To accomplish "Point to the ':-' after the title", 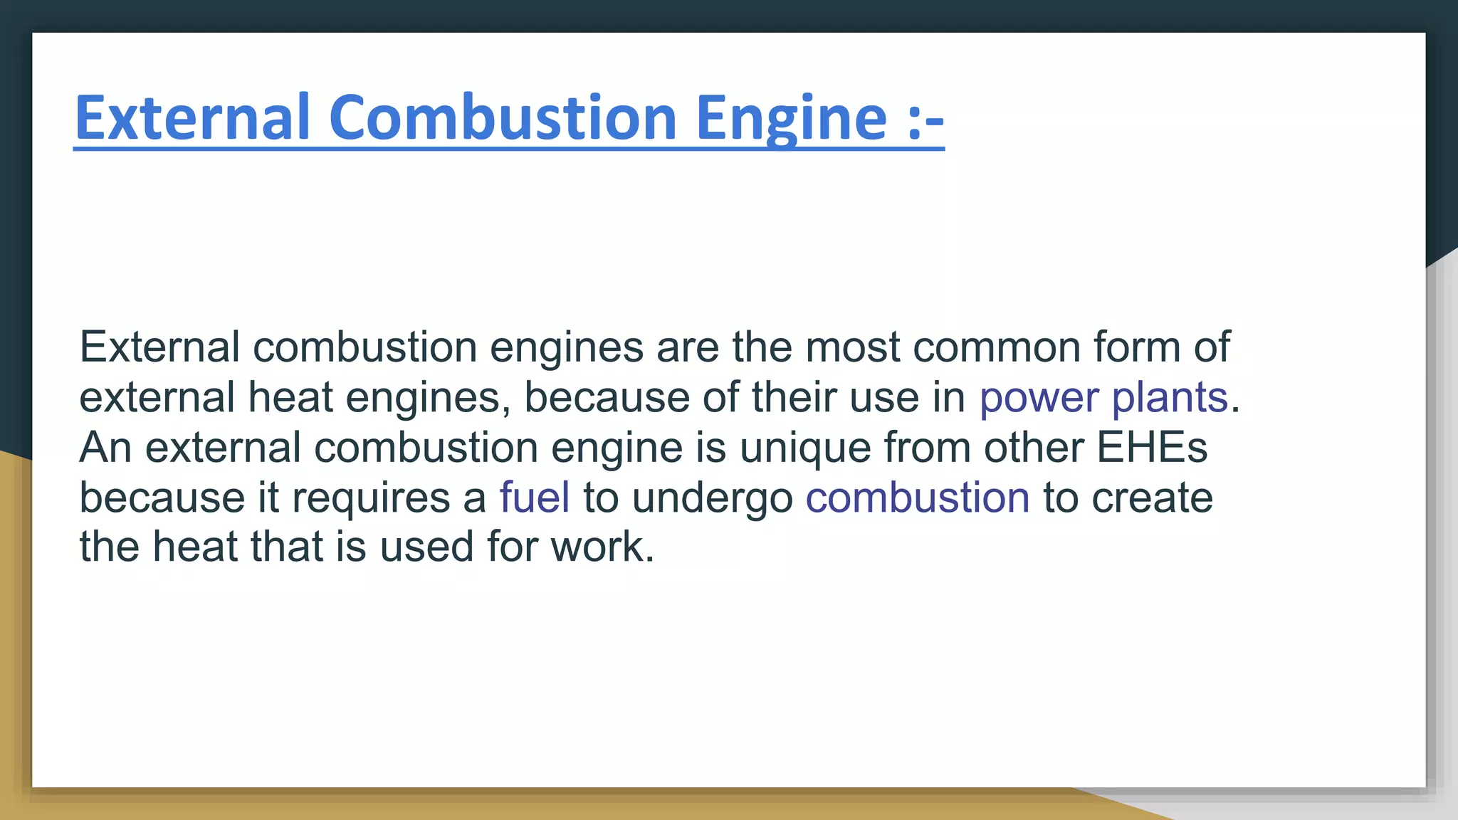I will point(925,120).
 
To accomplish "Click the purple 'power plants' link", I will point(1103,397).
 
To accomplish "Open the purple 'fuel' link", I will point(535,497).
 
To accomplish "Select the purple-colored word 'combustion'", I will point(917,497).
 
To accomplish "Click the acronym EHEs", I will point(1152,447).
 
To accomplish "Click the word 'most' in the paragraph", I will point(852,347).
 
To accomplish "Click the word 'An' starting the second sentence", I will point(105,447).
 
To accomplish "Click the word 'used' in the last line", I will point(426,547).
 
